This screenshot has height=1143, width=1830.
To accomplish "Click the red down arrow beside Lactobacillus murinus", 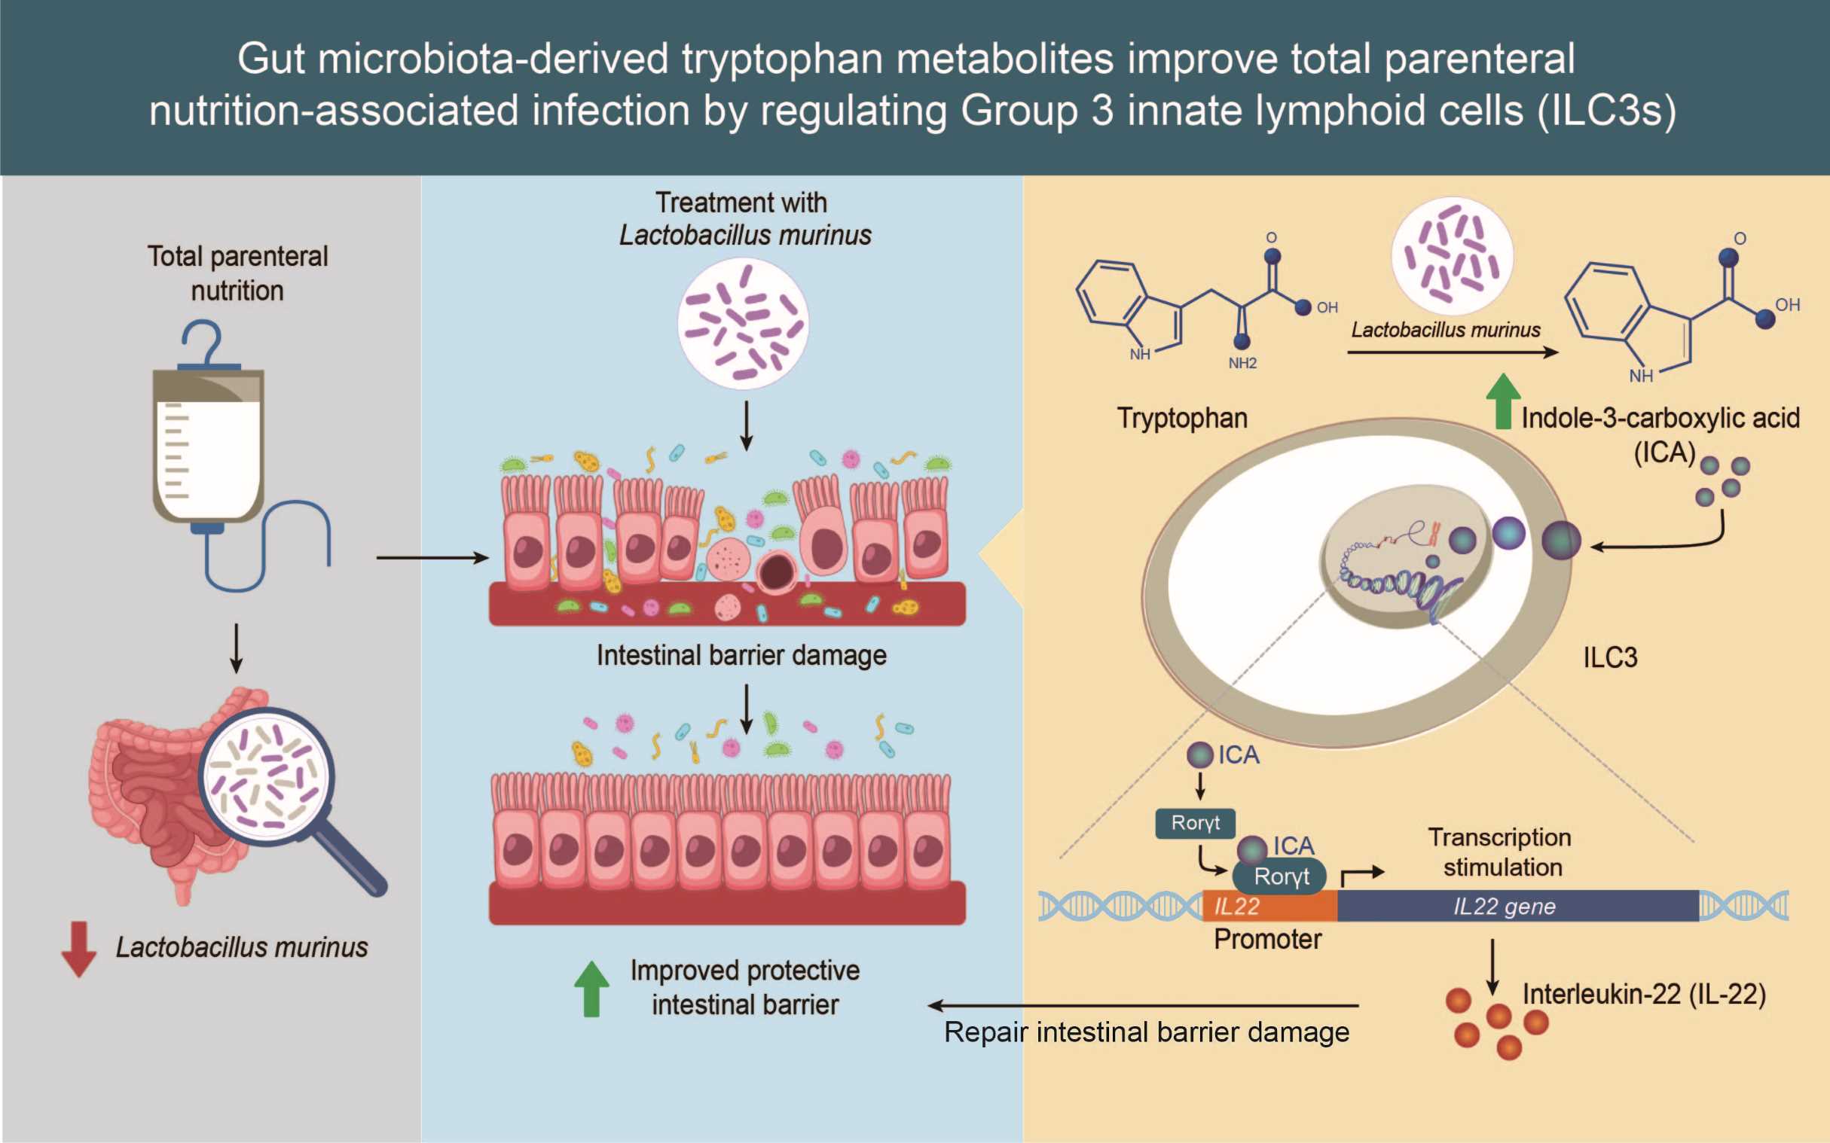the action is [x=78, y=949].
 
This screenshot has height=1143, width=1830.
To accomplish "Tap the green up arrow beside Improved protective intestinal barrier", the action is [x=591, y=988].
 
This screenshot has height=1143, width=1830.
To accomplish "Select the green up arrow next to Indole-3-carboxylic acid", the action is [x=1503, y=401].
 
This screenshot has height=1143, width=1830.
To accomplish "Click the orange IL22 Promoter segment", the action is [x=1269, y=906].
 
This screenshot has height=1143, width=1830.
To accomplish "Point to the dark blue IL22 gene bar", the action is [x=1518, y=906].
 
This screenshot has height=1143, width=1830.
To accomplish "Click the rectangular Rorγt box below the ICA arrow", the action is [x=1195, y=823].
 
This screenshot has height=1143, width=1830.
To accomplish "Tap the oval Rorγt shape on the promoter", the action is [x=1279, y=877].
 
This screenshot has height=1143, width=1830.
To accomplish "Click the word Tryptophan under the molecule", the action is [x=1182, y=418].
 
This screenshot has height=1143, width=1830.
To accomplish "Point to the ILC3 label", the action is [x=1610, y=657].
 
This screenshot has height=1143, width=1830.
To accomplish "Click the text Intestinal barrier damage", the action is [x=741, y=655].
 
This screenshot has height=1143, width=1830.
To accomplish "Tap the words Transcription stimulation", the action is [x=1501, y=852].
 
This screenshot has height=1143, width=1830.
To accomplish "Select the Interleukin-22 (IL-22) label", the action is [x=1644, y=994].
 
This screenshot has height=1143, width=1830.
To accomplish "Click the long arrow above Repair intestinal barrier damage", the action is [x=1143, y=1005].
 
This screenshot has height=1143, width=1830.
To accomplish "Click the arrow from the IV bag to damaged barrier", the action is [x=432, y=558].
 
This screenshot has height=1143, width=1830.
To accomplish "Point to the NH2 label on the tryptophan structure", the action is [x=1242, y=364].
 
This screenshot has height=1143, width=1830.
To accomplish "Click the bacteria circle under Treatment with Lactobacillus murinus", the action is [x=743, y=324].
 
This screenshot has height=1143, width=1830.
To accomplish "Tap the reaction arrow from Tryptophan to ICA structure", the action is [x=1453, y=352].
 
